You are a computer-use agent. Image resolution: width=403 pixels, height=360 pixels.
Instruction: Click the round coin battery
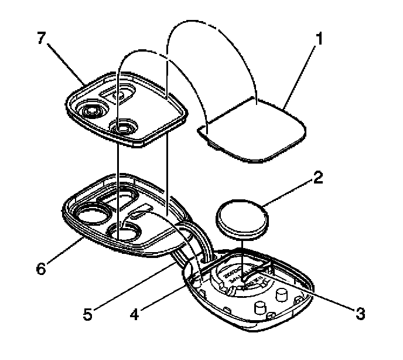click(242, 218)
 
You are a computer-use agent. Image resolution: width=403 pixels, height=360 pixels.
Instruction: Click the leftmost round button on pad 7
click(92, 110)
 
